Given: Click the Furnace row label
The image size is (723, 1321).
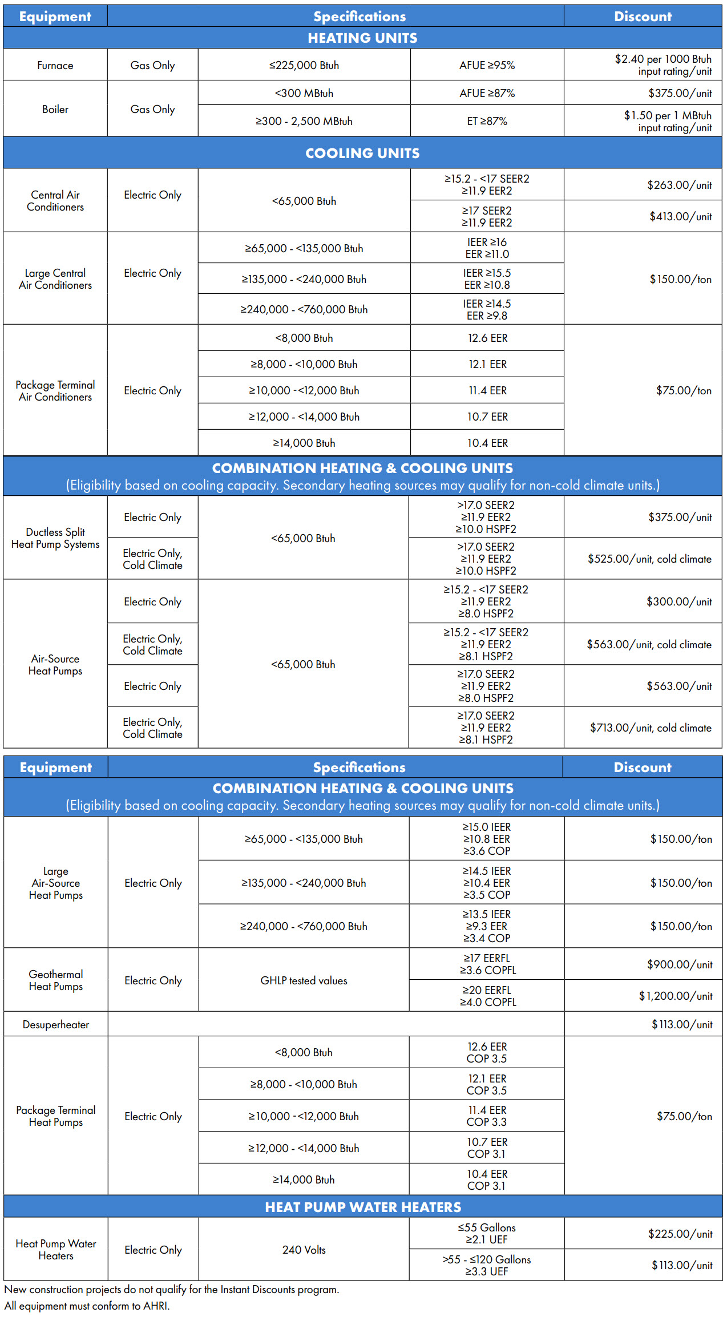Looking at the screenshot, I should [55, 66].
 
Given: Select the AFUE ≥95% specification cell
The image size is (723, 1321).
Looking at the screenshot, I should [487, 66].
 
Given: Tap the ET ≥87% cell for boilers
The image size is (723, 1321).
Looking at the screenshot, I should [487, 121].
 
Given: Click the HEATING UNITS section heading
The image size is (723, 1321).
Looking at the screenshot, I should [362, 38].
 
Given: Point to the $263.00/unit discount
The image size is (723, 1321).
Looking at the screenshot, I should [679, 185].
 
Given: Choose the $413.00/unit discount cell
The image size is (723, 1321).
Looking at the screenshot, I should [680, 216].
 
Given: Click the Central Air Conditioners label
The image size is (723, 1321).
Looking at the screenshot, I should [55, 201].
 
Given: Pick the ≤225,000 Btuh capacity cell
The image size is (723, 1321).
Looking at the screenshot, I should [304, 66].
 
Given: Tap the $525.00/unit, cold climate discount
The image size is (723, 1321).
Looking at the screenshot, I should [649, 559].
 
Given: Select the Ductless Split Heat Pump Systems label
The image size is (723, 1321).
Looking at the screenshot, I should [55, 538].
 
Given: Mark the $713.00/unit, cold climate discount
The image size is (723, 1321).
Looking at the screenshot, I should [651, 728].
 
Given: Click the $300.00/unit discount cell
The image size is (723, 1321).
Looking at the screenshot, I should [679, 602].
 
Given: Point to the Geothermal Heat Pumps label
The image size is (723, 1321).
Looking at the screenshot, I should [56, 980].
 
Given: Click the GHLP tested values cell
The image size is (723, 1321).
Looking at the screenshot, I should [304, 981].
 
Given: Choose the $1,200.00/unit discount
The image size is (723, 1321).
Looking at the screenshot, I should [676, 996].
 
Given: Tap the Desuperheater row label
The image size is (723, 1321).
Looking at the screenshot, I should [56, 1025].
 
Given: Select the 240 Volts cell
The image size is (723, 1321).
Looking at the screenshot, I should [304, 1250].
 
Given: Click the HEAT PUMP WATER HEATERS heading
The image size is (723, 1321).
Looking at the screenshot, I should [363, 1207].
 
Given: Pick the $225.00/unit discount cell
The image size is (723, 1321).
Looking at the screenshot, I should [680, 1234].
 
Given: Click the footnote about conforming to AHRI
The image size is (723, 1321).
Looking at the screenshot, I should [87, 1306].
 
